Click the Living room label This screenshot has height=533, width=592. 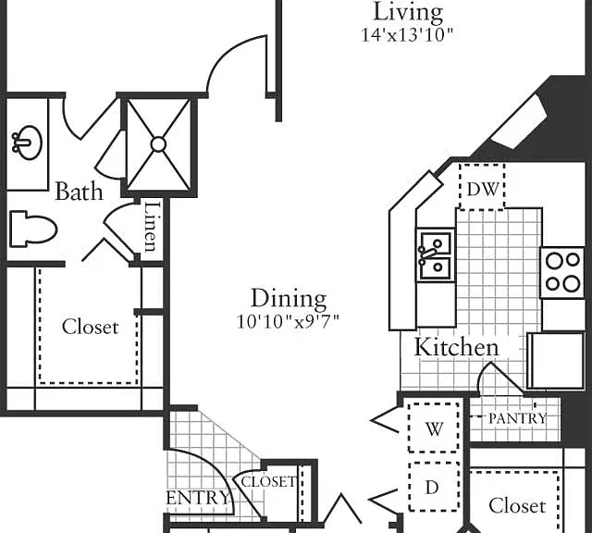click(408, 12)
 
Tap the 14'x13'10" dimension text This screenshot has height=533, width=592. click(407, 35)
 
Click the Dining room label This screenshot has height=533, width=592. click(289, 298)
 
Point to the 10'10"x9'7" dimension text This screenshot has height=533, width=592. click(288, 322)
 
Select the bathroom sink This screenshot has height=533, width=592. click(27, 143)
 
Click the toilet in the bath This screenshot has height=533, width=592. click(33, 229)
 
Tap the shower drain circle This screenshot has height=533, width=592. click(158, 144)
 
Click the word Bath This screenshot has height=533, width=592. click(79, 192)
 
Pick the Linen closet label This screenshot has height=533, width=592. click(151, 227)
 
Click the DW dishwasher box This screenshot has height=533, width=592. click(482, 187)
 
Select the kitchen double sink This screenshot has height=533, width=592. click(436, 255)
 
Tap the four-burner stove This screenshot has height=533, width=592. click(562, 272)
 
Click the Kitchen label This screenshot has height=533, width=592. click(456, 347)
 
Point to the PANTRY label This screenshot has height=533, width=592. click(518, 418)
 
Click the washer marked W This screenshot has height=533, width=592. click(434, 428)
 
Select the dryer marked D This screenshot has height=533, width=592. click(434, 487)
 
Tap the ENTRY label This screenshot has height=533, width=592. click(198, 498)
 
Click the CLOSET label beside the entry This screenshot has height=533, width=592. click(268, 481)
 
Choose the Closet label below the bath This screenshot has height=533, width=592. click(91, 327)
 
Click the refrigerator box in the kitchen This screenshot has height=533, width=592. click(557, 360)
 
